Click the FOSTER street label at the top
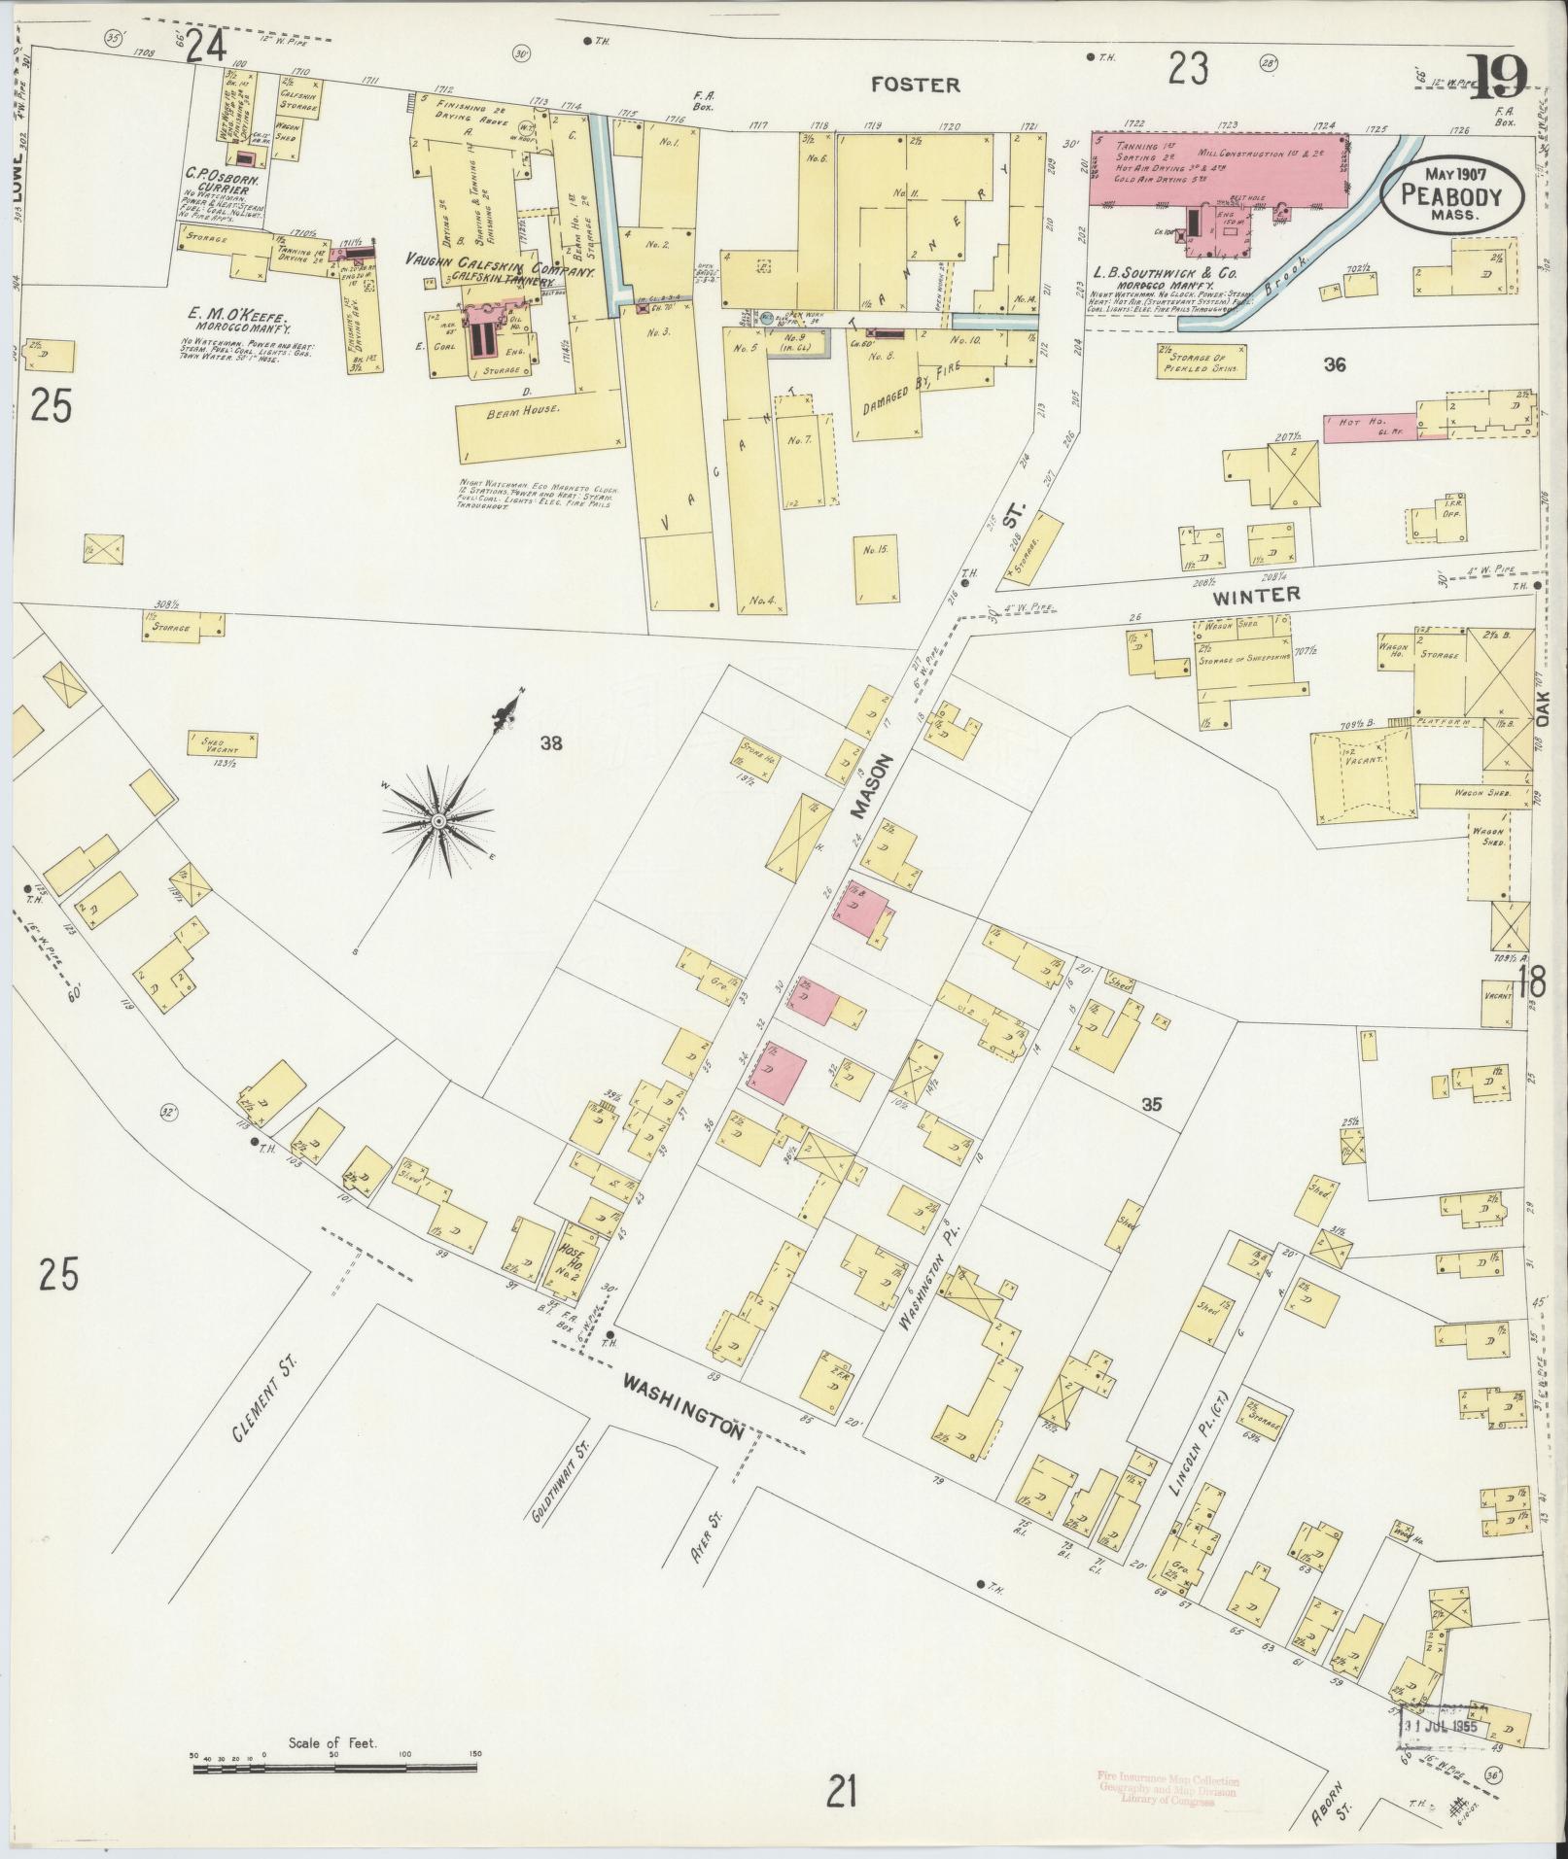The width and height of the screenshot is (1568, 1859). (x=915, y=85)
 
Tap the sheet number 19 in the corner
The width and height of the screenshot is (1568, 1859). (x=1498, y=79)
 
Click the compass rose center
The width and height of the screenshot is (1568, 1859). (x=438, y=822)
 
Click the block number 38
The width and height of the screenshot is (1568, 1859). (x=552, y=744)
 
